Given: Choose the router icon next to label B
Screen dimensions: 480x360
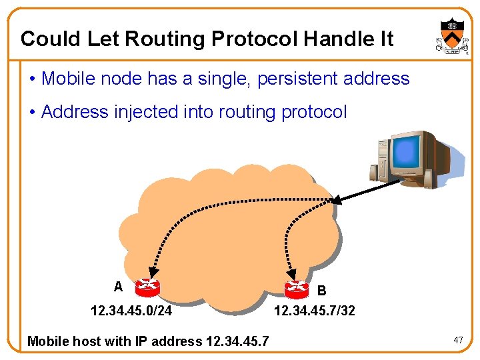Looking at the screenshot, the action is pos(297,289).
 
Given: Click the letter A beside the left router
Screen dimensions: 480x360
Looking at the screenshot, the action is pos(118,287).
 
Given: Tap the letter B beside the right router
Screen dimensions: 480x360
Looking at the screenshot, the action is pos(322,291).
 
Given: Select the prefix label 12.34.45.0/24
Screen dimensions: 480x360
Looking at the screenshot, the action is pos(131,311).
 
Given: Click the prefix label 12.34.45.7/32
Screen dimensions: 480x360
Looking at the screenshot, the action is pos(315,311).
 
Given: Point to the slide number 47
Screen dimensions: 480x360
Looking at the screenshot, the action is pos(458,341).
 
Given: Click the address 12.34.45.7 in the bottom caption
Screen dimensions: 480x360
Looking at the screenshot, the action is pos(237,341).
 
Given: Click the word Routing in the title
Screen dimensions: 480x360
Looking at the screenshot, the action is pos(166,39).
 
